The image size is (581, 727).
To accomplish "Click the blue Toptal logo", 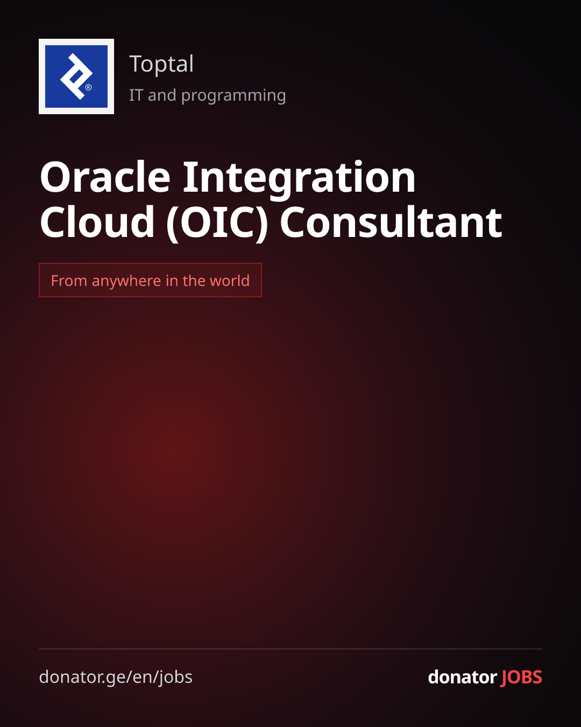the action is coord(76,76).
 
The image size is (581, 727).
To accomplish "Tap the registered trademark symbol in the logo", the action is coord(88,87).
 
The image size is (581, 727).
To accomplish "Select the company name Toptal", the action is coord(161,64).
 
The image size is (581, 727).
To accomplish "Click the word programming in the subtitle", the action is coord(233,96).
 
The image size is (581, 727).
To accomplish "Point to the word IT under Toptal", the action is coord(136,95).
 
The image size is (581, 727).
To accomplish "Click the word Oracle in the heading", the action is coord(105,177).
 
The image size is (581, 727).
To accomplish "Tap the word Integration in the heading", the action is coord(299,180).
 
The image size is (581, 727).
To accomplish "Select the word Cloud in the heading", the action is coord(97,221).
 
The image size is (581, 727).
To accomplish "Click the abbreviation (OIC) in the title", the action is coord(217,223).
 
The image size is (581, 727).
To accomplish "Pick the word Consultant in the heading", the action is coord(391,222).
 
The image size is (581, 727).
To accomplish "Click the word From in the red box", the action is coord(69,281).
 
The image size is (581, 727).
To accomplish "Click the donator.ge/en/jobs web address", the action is coord(116,677).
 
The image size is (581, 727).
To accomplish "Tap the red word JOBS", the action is coord(521,677).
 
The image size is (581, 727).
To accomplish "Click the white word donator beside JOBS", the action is coord(462,677).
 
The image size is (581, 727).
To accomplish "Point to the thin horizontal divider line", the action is coord(290,648).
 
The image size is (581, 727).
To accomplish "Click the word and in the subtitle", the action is coord(162,95).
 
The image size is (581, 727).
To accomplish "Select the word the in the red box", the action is coord(194,281).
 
